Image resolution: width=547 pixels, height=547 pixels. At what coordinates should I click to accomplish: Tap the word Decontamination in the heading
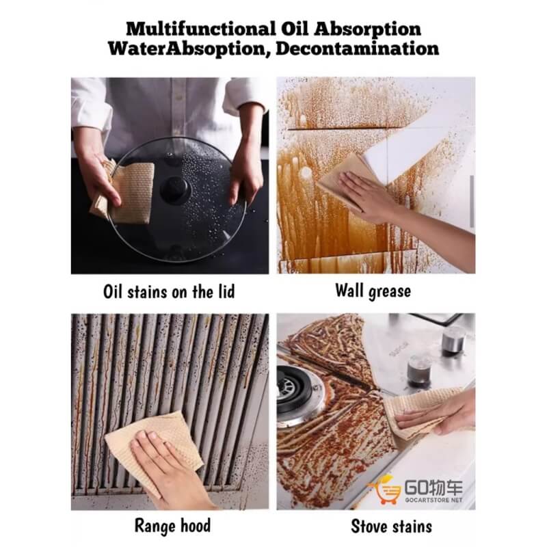coord(357,49)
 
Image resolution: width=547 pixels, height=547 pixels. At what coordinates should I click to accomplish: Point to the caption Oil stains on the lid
coord(169,292)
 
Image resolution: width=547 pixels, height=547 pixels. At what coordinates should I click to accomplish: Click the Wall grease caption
coord(373,291)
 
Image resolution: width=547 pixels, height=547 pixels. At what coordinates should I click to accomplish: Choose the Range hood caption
coord(173,525)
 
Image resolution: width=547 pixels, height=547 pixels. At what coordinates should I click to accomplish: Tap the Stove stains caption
coord(391,526)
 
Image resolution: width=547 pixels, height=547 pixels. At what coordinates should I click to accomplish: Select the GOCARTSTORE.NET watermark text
coord(433,500)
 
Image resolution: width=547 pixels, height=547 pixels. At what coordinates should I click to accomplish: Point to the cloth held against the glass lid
coord(126,192)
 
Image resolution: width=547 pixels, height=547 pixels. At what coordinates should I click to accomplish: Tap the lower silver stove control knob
coord(419,371)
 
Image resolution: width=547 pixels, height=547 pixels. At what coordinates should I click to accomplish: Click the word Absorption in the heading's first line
coord(367,29)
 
